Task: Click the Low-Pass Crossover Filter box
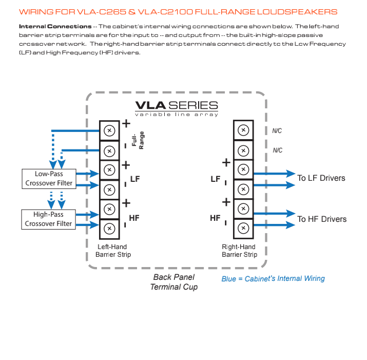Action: (49, 179)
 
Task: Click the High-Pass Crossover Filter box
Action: (49, 219)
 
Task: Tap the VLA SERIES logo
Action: (177, 107)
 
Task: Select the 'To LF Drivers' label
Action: (321, 178)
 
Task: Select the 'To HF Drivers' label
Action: (322, 219)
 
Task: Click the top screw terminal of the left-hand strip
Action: (108, 130)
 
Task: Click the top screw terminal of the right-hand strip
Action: (243, 130)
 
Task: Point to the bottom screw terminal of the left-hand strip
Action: (108, 228)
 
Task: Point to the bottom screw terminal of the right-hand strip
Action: (243, 228)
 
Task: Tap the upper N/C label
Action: (277, 131)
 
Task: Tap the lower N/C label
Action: (277, 150)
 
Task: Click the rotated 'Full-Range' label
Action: (138, 141)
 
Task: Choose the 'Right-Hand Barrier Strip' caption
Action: (239, 251)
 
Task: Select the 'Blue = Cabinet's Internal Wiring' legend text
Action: (273, 278)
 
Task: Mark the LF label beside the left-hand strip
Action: (135, 179)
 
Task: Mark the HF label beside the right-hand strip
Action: (216, 218)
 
